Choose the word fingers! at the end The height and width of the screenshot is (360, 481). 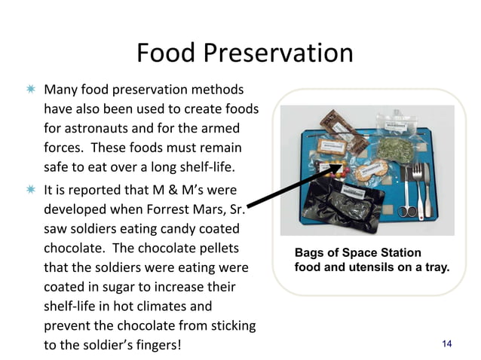(156, 346)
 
